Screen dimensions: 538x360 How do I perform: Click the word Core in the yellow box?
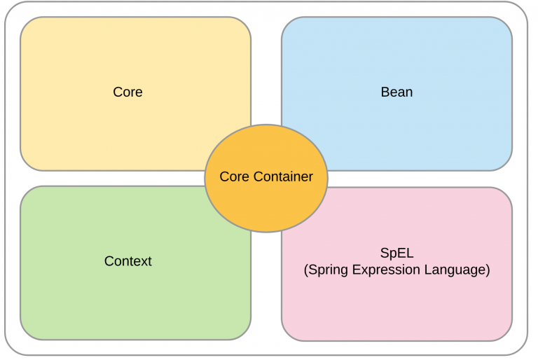(x=127, y=92)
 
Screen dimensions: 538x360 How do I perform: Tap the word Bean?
(x=396, y=92)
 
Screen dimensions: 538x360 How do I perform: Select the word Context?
(x=128, y=261)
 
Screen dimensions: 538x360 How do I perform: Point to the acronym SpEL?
(x=396, y=254)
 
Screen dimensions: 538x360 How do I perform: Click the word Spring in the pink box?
(x=329, y=270)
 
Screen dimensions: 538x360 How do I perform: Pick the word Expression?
(x=386, y=270)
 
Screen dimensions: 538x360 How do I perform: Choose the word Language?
(x=455, y=270)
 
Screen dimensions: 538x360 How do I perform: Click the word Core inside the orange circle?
(x=235, y=176)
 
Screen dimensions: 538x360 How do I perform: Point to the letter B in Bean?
(x=385, y=92)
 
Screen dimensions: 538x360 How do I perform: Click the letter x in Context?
(x=142, y=263)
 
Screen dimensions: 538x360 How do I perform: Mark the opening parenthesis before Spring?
(x=306, y=270)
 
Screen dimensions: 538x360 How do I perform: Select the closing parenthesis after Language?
(x=488, y=270)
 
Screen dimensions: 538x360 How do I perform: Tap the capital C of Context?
(x=109, y=261)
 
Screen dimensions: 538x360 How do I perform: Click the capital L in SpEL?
(x=410, y=253)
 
